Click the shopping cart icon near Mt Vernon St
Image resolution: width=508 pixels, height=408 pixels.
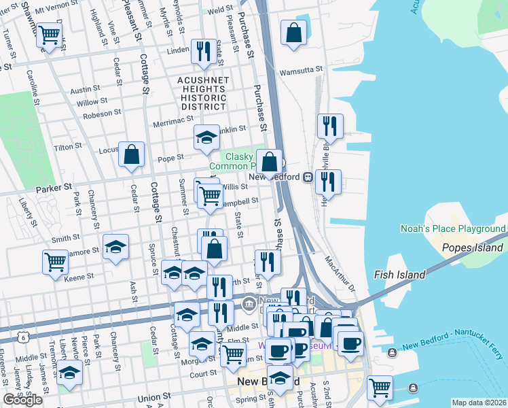(48, 34)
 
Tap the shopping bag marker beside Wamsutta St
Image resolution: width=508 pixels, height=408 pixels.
(293, 33)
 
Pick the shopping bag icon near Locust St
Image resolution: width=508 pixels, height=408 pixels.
(131, 154)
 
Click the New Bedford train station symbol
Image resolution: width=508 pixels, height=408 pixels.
(308, 177)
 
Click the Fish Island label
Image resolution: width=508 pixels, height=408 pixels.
(399, 275)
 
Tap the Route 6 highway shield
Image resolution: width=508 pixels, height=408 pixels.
(24, 337)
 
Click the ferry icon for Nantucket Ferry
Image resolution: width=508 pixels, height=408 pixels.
(392, 352)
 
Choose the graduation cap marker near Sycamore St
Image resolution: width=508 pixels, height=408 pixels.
(115, 247)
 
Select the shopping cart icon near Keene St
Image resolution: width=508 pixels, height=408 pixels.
(54, 262)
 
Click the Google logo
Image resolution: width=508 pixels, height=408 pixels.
(22, 400)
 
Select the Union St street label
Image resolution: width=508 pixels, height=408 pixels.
(153, 397)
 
